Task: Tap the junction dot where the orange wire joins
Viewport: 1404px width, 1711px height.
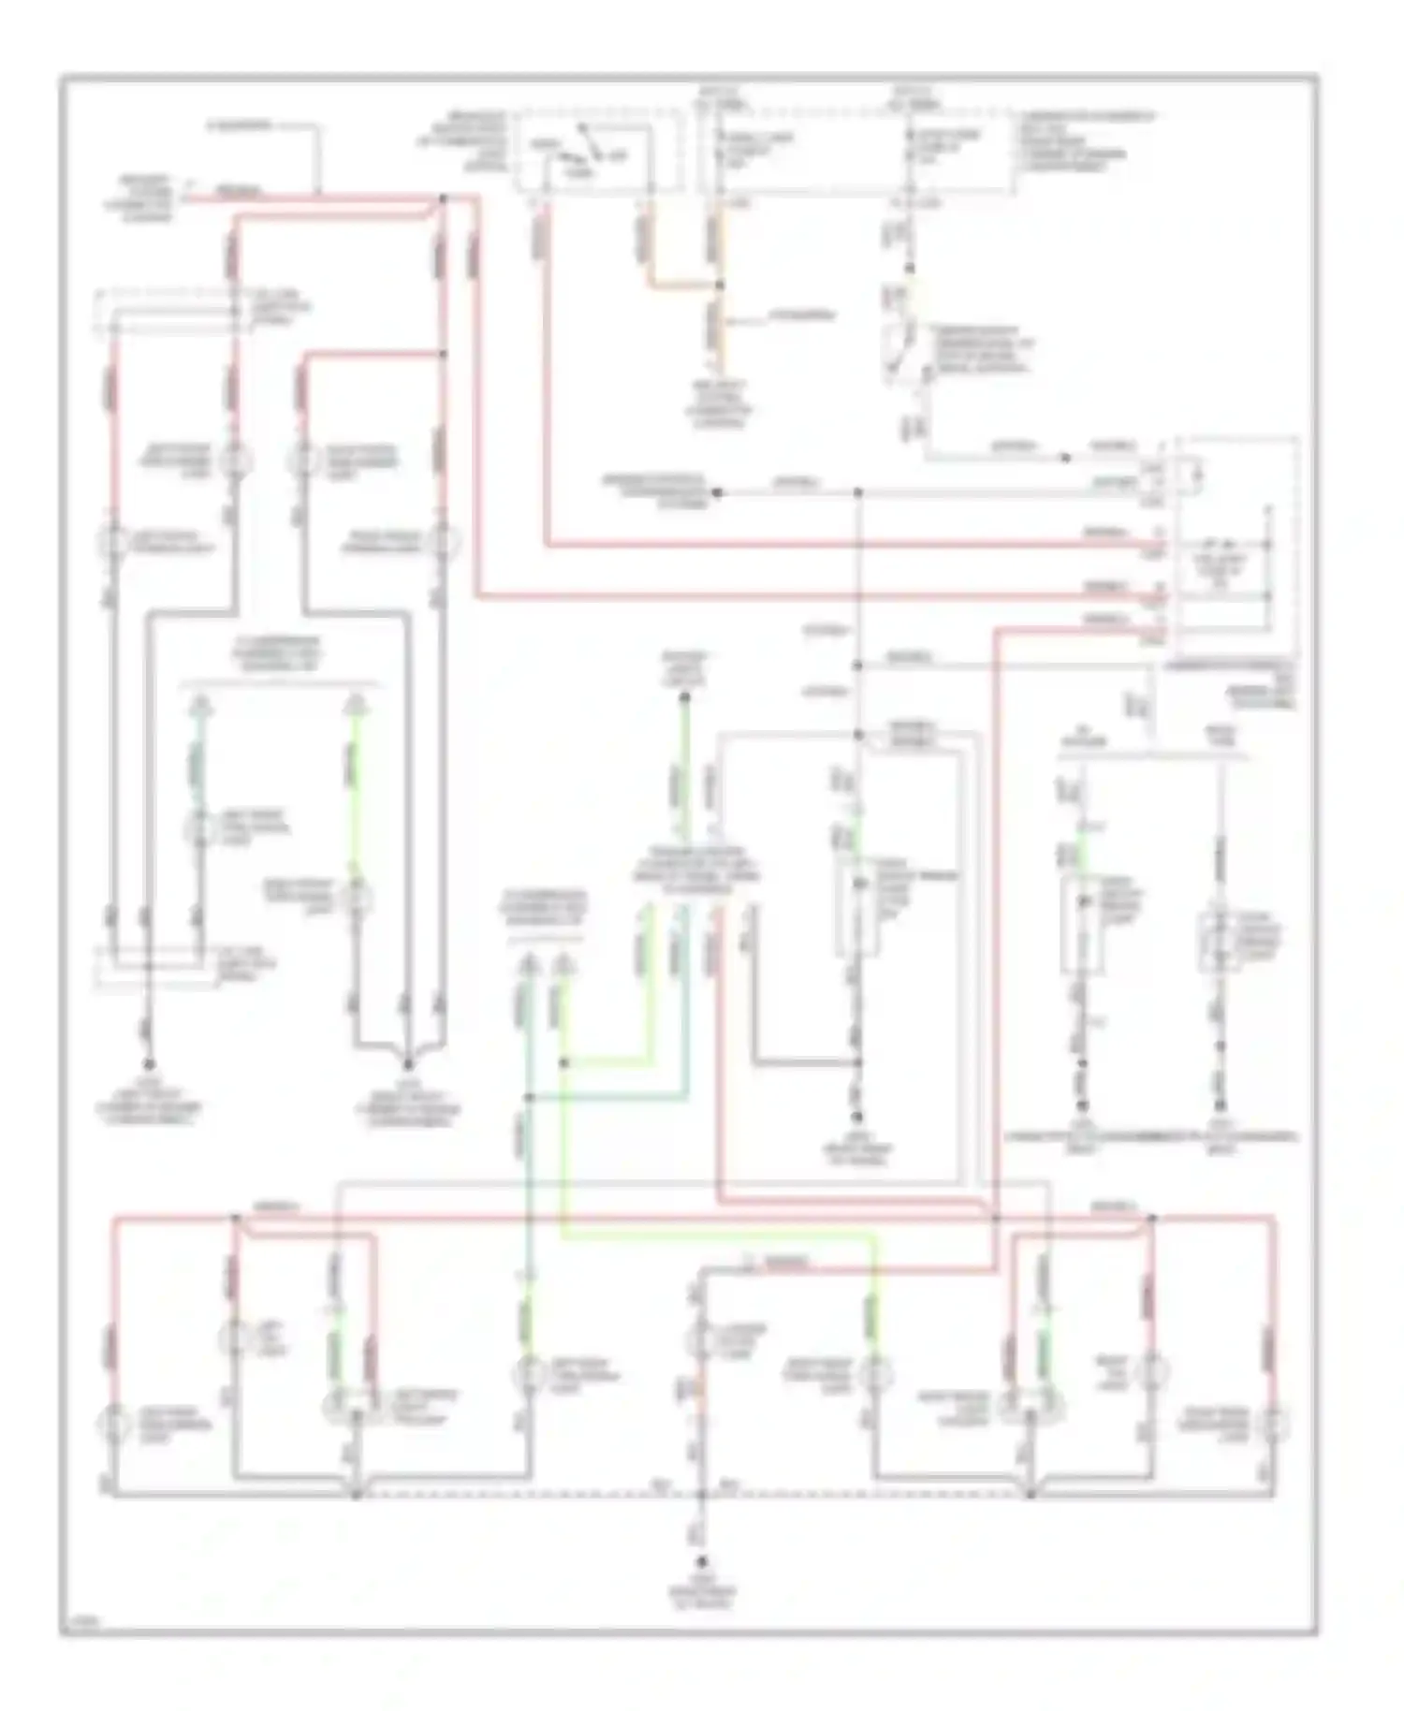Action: point(719,285)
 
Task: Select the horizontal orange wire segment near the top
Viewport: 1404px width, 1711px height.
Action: point(681,285)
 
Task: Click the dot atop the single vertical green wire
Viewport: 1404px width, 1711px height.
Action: point(685,696)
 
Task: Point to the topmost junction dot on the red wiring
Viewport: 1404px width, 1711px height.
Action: point(444,198)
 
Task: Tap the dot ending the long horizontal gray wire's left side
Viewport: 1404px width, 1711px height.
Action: point(717,491)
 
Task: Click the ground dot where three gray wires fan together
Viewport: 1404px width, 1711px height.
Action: point(408,1064)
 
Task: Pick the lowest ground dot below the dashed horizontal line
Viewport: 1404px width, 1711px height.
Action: point(702,1563)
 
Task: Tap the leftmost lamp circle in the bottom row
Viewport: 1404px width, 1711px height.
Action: point(113,1424)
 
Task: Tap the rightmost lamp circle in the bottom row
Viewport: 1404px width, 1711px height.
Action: point(1274,1424)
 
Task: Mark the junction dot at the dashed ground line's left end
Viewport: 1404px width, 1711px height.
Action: point(356,1495)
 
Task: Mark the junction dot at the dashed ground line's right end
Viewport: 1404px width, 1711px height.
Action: point(1030,1495)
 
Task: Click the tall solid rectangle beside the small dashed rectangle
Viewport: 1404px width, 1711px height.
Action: point(1081,927)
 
